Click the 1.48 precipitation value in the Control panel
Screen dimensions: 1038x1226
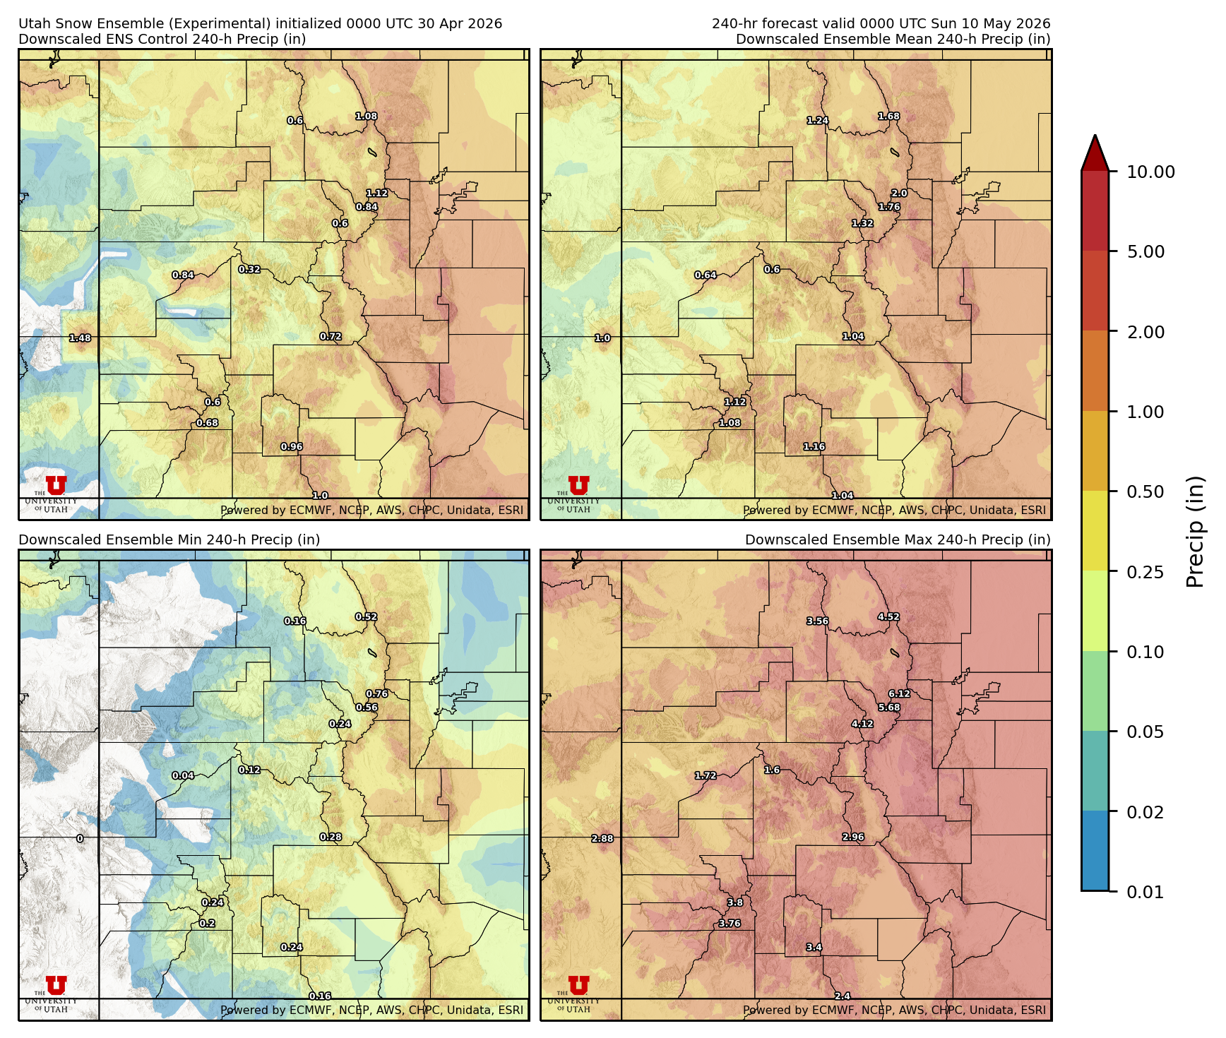pyautogui.click(x=80, y=338)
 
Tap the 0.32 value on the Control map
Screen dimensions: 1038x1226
pyautogui.click(x=249, y=269)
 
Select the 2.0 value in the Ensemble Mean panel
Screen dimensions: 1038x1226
pyautogui.click(x=899, y=193)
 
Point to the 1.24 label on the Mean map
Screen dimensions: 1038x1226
pyautogui.click(x=818, y=121)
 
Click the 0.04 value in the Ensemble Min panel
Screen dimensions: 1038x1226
pyautogui.click(x=183, y=775)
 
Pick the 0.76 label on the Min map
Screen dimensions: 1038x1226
pyautogui.click(x=377, y=693)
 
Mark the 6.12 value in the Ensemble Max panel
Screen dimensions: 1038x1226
pyautogui.click(x=899, y=693)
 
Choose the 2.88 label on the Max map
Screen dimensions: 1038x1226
pyautogui.click(x=602, y=839)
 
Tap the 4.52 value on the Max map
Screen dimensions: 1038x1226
pyautogui.click(x=888, y=616)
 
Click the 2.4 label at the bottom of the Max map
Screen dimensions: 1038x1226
pyautogui.click(x=843, y=996)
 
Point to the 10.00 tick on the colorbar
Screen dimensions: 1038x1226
pyautogui.click(x=1150, y=172)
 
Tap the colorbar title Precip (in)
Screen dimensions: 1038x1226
pyautogui.click(x=1195, y=532)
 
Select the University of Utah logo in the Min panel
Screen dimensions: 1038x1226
pyautogui.click(x=56, y=992)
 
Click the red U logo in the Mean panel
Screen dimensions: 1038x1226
pyautogui.click(x=578, y=486)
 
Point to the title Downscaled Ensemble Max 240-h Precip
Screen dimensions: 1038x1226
pyautogui.click(x=897, y=539)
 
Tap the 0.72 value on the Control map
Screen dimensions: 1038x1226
pyautogui.click(x=331, y=337)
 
